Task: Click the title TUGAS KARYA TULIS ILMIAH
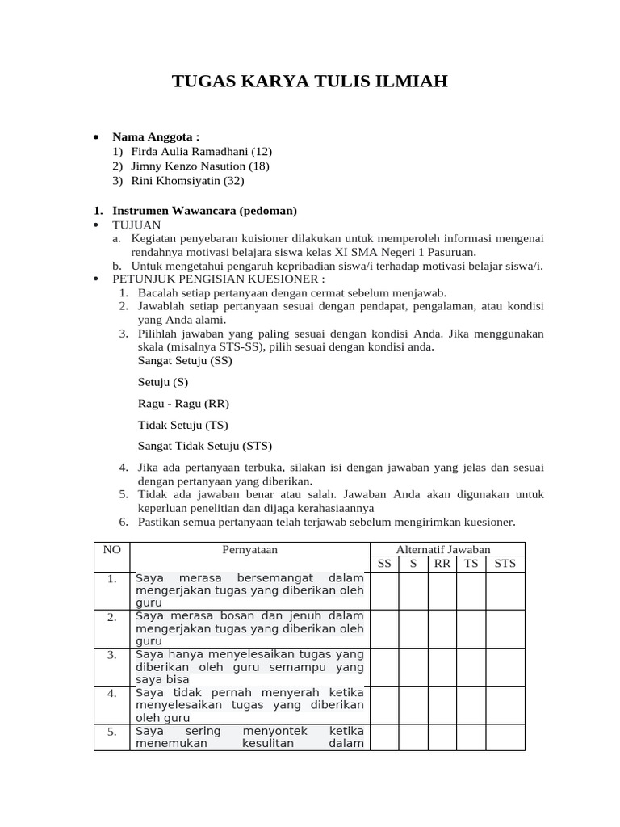pyautogui.click(x=309, y=82)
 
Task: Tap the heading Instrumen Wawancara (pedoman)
pyautogui.click(x=204, y=211)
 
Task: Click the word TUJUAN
pyautogui.click(x=136, y=225)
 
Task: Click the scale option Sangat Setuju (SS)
pyautogui.click(x=185, y=360)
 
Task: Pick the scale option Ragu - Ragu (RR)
pyautogui.click(x=183, y=403)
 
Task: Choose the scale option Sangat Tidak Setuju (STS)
pyautogui.click(x=205, y=445)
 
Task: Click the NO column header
pyautogui.click(x=111, y=549)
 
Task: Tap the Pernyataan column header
pyautogui.click(x=249, y=549)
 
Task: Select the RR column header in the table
pyautogui.click(x=442, y=564)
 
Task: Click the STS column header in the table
pyautogui.click(x=505, y=564)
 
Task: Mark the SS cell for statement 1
pyautogui.click(x=384, y=590)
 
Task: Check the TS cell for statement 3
pyautogui.click(x=471, y=666)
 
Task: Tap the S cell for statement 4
pyautogui.click(x=413, y=705)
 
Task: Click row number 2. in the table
pyautogui.click(x=111, y=617)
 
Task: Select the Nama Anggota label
pyautogui.click(x=156, y=136)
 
